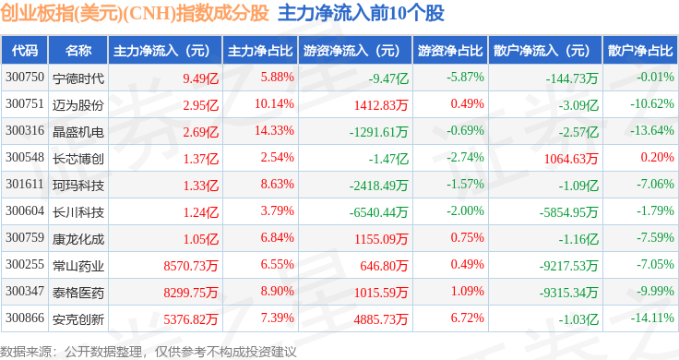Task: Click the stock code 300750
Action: (x=25, y=78)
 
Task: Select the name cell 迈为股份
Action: (x=78, y=105)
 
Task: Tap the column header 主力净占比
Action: (x=260, y=51)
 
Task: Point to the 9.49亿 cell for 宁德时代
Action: (x=200, y=78)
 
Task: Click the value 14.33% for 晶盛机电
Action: (x=274, y=130)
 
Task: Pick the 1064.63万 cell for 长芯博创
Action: (x=571, y=159)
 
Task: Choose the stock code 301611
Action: (x=25, y=184)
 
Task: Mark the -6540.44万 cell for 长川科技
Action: (x=379, y=212)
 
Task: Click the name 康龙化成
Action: (x=78, y=239)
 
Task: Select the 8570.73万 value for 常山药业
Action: (x=191, y=266)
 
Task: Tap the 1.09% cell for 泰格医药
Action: (x=467, y=291)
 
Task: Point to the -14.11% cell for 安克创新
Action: (x=652, y=318)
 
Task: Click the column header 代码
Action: (x=25, y=51)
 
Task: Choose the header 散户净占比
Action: (x=640, y=51)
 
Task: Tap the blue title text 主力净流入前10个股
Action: (x=361, y=13)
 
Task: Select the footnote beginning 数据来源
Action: (x=149, y=352)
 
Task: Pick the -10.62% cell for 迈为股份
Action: (x=652, y=103)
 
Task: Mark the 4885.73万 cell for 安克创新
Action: (x=381, y=319)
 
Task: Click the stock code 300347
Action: (x=25, y=291)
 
